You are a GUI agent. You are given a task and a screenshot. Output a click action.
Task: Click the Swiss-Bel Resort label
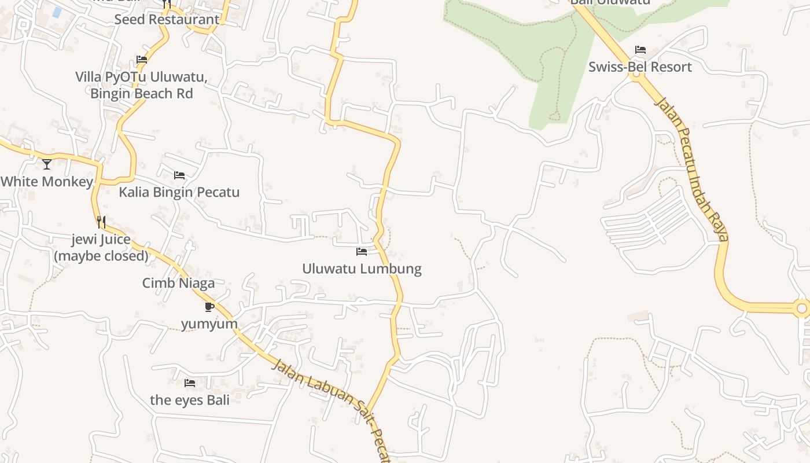point(640,67)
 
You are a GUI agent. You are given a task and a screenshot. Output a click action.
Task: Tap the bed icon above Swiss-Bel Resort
point(640,50)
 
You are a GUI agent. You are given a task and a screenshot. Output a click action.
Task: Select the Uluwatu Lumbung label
point(362,269)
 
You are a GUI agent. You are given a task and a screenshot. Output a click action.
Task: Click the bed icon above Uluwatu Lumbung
point(362,252)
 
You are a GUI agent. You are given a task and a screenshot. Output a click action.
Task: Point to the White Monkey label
point(46,182)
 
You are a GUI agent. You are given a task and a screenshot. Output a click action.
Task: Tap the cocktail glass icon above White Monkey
point(47,164)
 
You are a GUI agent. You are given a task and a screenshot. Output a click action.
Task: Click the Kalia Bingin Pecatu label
point(179,192)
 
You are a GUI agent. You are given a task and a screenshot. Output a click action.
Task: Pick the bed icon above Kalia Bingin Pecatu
point(179,175)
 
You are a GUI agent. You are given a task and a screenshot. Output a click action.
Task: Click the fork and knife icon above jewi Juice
point(101,222)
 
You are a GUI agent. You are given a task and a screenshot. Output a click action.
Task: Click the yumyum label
point(209,324)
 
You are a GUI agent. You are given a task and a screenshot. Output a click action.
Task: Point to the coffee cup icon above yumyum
point(209,307)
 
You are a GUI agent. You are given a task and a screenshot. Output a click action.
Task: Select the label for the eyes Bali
point(190,400)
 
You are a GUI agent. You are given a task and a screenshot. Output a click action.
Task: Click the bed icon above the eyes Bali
point(190,383)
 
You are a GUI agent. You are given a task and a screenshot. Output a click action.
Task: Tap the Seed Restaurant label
point(167,19)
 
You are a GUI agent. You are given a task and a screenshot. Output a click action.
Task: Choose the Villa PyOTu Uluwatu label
point(141,85)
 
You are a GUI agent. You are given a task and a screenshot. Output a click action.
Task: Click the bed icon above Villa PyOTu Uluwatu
point(142,60)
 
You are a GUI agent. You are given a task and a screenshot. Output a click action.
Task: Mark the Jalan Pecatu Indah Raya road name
point(691,168)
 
